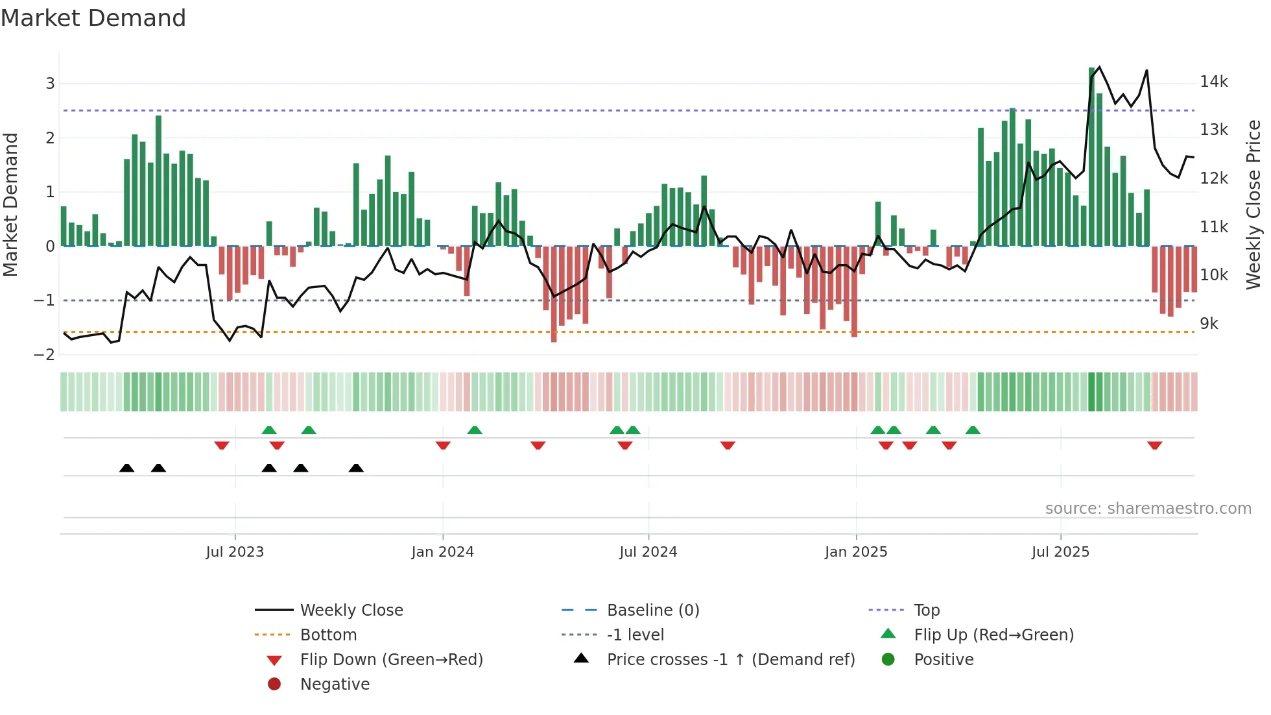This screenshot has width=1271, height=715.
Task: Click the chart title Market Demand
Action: pos(93,18)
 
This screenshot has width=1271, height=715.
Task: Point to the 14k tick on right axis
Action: pos(1213,82)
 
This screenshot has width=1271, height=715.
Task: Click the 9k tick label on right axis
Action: pos(1209,323)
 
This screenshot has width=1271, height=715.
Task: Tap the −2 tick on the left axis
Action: pos(44,354)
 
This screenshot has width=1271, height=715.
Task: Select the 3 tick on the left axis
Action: pos(50,83)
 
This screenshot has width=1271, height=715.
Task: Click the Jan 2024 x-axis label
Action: pos(442,552)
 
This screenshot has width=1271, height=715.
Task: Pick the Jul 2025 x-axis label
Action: pos(1060,552)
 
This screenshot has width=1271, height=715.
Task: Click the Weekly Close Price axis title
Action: pos(1253,204)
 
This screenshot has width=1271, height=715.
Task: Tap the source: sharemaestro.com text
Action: pos(1148,509)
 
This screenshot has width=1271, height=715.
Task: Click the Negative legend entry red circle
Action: pos(274,685)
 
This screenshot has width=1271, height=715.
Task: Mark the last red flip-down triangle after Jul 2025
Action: pos(1154,445)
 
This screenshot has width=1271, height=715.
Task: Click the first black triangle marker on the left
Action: pos(127,468)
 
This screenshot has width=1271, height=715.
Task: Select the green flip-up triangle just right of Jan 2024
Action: pos(475,430)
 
